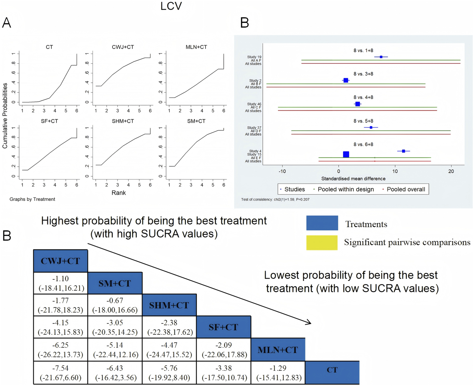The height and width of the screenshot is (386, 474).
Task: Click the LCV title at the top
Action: click(171, 6)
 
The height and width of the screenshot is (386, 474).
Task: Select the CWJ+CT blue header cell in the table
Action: click(60, 261)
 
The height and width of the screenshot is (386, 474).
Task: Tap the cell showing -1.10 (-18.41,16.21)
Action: click(61, 283)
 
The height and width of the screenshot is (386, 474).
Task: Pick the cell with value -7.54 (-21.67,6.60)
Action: click(61, 373)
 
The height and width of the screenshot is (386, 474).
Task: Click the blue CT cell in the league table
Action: click(332, 370)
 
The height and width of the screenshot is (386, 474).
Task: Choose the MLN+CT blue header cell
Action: click(278, 350)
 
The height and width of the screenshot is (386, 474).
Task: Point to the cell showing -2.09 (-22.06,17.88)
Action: click(224, 350)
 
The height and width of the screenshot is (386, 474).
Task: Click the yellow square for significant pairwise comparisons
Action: click(322, 243)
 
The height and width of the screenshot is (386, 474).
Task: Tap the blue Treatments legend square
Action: click(322, 223)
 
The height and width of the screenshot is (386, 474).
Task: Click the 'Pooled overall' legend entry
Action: click(406, 189)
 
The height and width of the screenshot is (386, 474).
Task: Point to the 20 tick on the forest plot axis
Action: click(451, 171)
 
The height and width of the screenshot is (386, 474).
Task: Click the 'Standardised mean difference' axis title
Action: click(353, 179)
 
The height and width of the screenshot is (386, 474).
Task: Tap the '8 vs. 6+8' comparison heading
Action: click(363, 145)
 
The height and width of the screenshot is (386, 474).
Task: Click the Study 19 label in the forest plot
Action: click(254, 57)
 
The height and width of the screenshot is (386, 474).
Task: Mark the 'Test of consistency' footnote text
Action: click(275, 199)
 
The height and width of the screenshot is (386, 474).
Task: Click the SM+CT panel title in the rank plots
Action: click(196, 121)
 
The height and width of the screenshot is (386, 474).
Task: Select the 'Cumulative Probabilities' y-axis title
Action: click(5, 116)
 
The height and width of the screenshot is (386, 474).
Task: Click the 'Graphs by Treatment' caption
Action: click(32, 199)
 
